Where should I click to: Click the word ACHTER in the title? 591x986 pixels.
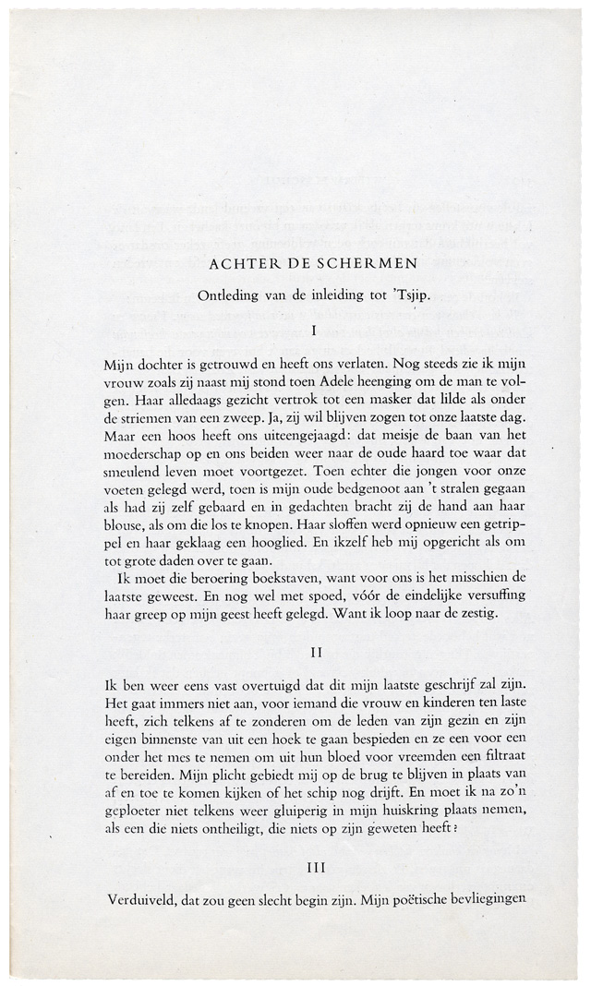pyautogui.click(x=239, y=263)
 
